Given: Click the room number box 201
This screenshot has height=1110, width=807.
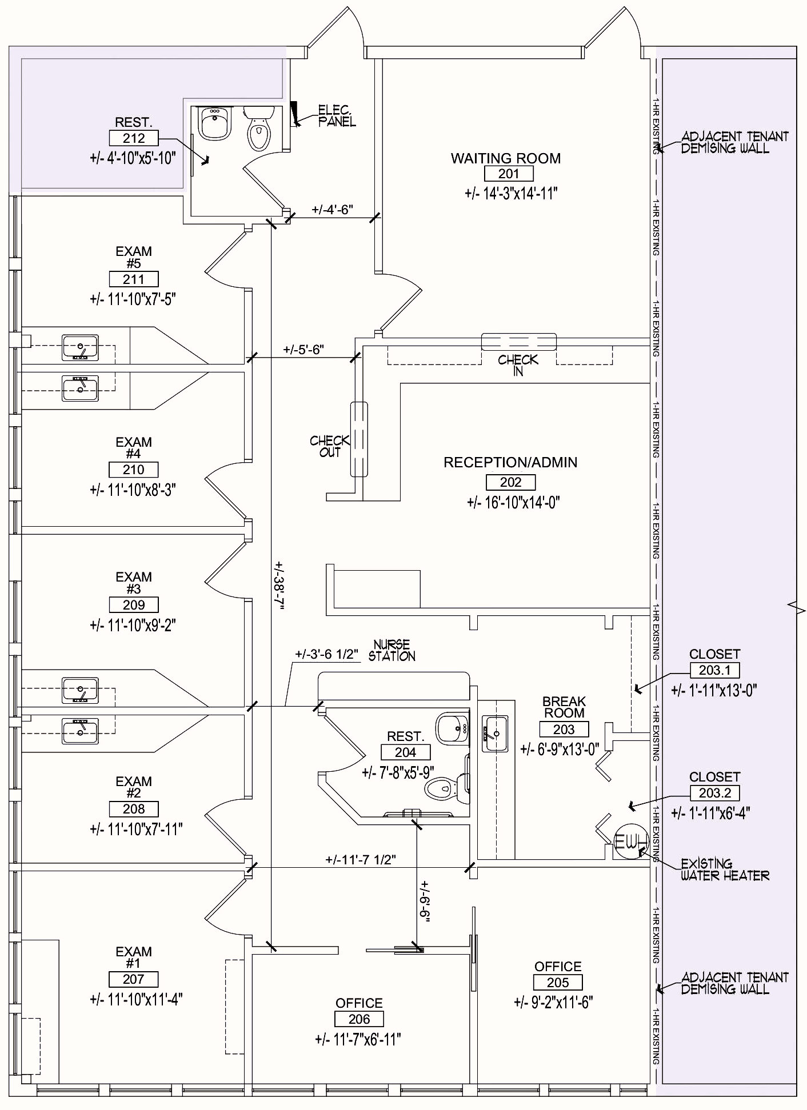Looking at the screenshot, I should (508, 174).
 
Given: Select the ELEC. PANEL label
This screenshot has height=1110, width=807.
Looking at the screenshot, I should (337, 115).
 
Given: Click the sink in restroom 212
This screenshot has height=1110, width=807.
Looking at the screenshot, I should (215, 123).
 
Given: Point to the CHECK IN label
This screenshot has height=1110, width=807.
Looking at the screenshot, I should (518, 365).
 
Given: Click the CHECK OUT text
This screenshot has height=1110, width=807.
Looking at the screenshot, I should (329, 446).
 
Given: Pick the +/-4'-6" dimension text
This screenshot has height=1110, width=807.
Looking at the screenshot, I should (332, 210).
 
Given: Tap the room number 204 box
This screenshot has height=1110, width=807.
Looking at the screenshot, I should (405, 752).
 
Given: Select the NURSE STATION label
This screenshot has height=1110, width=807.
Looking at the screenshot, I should (391, 651).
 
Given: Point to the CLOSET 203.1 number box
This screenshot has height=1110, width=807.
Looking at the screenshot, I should (714, 670).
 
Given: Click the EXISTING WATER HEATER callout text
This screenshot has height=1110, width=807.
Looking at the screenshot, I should (724, 869).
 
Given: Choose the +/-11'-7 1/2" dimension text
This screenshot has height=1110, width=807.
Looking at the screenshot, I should (361, 860).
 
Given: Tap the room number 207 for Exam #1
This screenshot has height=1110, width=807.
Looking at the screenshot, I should (133, 979).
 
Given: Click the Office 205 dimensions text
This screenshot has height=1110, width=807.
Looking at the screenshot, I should (553, 1002).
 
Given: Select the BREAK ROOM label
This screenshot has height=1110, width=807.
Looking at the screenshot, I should (564, 707).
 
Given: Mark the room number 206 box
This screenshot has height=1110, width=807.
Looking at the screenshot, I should (359, 1019).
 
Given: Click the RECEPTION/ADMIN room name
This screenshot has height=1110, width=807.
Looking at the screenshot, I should (510, 462).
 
